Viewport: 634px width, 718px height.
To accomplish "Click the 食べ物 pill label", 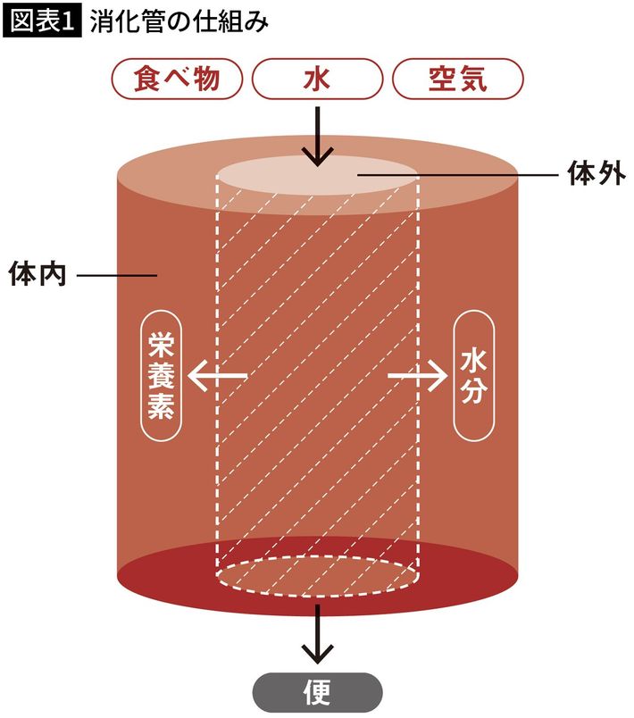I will (x=177, y=80).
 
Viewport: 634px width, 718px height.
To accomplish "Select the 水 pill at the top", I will (x=317, y=80).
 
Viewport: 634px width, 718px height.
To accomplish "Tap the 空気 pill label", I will (x=456, y=80).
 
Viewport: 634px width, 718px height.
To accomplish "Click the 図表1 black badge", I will (x=42, y=21).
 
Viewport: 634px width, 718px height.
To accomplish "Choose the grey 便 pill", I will (x=317, y=692).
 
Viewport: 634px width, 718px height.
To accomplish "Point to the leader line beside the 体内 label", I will (x=116, y=275).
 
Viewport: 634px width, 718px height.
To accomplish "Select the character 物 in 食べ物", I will (x=221, y=80).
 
